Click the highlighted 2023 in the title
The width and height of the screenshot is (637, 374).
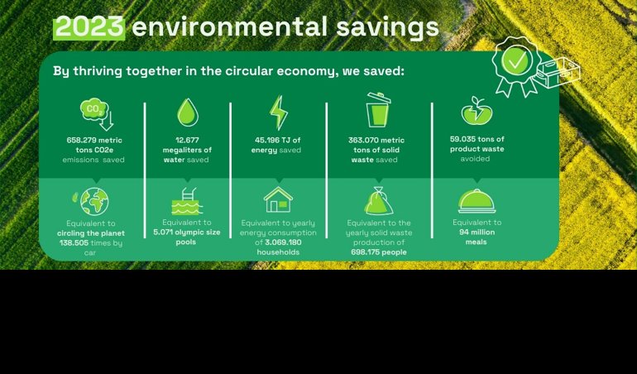click(89, 27)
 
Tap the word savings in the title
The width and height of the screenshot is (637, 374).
click(387, 28)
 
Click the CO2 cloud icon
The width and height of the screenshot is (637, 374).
click(97, 113)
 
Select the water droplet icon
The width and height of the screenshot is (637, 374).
click(188, 113)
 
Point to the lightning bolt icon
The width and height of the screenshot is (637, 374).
click(279, 113)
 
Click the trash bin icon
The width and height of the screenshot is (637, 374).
click(378, 110)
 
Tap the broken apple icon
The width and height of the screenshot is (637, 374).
click(477, 111)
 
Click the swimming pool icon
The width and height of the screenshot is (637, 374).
click(186, 201)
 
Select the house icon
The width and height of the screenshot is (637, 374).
click(278, 199)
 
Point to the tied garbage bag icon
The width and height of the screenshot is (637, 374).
click(379, 200)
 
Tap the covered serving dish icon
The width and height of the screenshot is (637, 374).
click(477, 201)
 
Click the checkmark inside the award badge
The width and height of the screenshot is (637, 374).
click(515, 60)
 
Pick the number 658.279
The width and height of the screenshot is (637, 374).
click(82, 141)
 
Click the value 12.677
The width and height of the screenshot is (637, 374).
click(187, 141)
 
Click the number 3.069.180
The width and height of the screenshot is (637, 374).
click(284, 242)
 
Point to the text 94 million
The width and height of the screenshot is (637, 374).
click(477, 233)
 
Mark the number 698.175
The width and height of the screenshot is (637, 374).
click(366, 252)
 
